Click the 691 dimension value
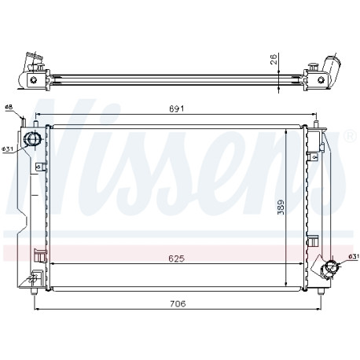177,108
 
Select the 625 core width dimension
176,259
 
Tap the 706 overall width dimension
178,303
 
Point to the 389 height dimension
281,207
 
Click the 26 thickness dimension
274,60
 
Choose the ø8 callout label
9,107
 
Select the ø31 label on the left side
7,149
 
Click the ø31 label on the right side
354,257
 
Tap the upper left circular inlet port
32,138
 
